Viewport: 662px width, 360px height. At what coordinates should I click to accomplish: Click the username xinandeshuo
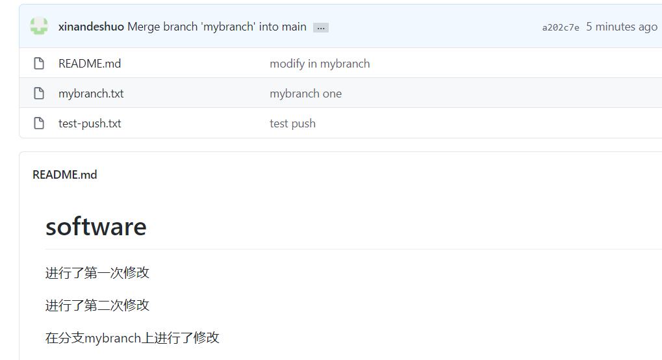click(91, 27)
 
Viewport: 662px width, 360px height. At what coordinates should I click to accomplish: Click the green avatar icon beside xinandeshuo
click(39, 27)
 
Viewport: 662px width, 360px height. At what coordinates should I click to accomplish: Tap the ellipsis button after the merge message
click(321, 27)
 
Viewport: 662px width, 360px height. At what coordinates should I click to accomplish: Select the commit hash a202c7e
click(561, 27)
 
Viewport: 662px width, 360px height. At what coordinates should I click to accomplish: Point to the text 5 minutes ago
click(622, 27)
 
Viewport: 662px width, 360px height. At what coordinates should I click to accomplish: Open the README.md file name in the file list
click(90, 64)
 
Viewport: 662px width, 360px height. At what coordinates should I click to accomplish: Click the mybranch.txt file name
click(91, 94)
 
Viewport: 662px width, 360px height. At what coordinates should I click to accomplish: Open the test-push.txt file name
click(90, 123)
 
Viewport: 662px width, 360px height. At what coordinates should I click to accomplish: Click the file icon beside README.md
click(39, 64)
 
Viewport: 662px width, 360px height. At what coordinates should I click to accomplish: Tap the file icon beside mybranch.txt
click(39, 94)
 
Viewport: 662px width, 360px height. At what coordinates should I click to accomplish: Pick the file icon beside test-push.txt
click(39, 123)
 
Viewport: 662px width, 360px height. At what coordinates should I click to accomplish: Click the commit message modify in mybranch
click(320, 64)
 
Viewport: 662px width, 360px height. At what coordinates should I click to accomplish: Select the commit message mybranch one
click(305, 94)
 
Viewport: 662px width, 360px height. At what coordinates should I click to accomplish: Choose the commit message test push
click(292, 123)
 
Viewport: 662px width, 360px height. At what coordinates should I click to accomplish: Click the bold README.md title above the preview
click(65, 175)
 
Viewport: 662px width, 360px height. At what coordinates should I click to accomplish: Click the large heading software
click(96, 227)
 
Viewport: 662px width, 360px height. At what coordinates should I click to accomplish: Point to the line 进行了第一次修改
click(97, 273)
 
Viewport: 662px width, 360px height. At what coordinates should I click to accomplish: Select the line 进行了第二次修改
click(97, 305)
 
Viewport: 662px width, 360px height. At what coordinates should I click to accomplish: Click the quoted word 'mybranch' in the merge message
click(231, 27)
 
